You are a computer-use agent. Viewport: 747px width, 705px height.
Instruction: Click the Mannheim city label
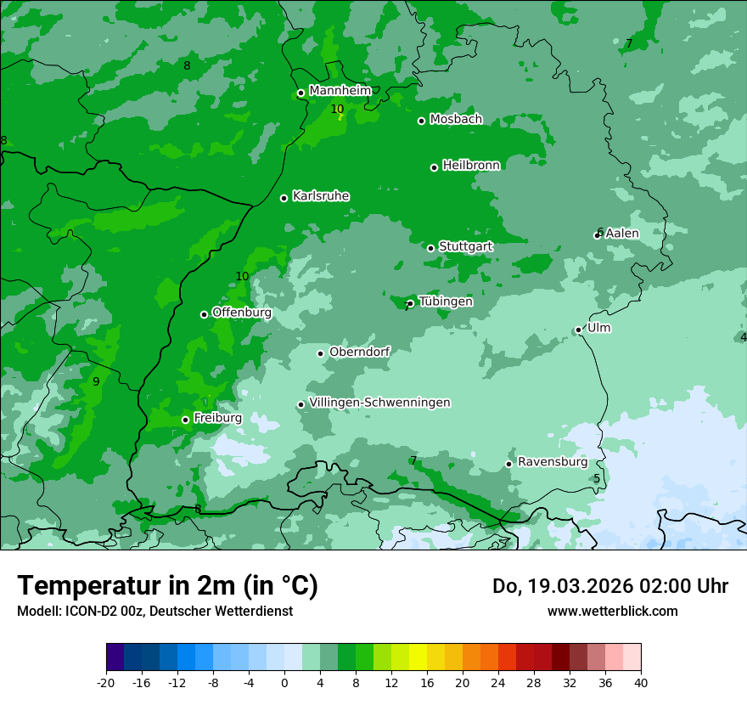point(340,90)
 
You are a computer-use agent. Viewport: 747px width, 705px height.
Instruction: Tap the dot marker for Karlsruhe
point(284,198)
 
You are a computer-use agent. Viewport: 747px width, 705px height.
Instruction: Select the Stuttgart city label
point(465,246)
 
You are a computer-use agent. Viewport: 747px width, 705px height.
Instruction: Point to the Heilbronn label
point(471,165)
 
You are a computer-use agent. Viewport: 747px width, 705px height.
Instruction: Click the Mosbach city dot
point(421,121)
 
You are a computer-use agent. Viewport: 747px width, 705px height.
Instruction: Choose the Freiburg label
point(217,418)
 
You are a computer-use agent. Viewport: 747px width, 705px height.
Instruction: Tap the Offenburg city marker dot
point(204,314)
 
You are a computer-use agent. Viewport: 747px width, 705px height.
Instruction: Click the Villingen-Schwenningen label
point(379,403)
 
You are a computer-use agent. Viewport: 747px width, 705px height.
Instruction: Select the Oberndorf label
point(359,352)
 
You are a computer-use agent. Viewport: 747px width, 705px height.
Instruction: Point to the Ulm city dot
point(579,330)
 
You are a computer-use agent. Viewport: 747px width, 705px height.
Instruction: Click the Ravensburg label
point(553,462)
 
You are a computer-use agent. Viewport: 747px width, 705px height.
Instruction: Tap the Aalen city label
point(622,233)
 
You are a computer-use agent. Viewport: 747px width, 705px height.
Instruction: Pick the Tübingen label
point(446,302)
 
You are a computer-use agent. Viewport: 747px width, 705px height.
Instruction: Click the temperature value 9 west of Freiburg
point(96,381)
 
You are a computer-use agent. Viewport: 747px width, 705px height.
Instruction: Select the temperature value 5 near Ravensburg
point(597,479)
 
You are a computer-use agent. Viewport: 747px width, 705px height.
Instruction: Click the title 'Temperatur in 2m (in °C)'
point(167,586)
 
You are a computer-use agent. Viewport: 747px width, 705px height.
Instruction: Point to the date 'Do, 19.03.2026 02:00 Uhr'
point(609,586)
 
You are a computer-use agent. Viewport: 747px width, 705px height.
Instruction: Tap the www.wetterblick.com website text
point(612,611)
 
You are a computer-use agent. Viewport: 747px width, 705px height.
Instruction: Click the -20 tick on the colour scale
point(106,682)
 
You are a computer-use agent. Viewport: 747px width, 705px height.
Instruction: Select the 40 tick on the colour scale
point(640,682)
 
